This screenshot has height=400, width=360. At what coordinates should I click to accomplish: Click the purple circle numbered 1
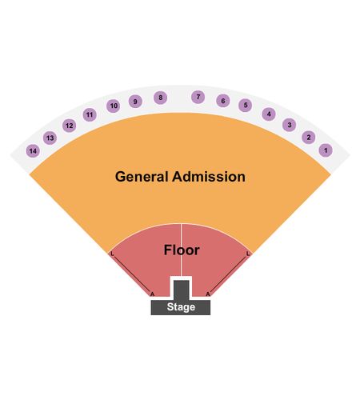(x=326, y=150)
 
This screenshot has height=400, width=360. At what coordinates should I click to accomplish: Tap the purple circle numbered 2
(x=309, y=138)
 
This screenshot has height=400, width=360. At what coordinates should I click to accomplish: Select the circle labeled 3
(x=290, y=125)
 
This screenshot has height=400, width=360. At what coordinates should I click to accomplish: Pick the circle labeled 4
(x=269, y=114)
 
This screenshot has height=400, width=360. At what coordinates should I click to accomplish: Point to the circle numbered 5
(x=246, y=105)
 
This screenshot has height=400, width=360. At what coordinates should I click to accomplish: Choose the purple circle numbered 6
(x=222, y=101)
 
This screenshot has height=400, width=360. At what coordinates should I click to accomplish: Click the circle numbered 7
(x=198, y=97)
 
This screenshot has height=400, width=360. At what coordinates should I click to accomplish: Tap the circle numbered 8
(x=160, y=98)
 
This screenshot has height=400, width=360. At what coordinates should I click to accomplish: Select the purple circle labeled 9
(x=135, y=102)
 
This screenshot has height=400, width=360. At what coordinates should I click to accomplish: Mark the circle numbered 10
(x=114, y=106)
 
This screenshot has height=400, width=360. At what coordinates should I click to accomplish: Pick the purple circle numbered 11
(x=90, y=114)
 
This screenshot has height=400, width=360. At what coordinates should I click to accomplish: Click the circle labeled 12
(x=70, y=126)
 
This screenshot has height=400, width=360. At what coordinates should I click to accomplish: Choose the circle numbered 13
(x=50, y=138)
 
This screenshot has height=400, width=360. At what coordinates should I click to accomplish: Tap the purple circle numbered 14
(x=33, y=151)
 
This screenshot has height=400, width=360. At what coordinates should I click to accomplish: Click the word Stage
(x=181, y=307)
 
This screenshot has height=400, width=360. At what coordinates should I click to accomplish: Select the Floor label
(x=182, y=250)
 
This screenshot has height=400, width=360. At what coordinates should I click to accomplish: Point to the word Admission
(x=209, y=177)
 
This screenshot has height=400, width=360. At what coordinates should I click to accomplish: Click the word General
(x=142, y=177)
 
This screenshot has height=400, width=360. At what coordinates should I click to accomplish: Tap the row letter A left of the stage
(x=152, y=294)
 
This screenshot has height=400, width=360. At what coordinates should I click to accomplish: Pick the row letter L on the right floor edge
(x=248, y=254)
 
